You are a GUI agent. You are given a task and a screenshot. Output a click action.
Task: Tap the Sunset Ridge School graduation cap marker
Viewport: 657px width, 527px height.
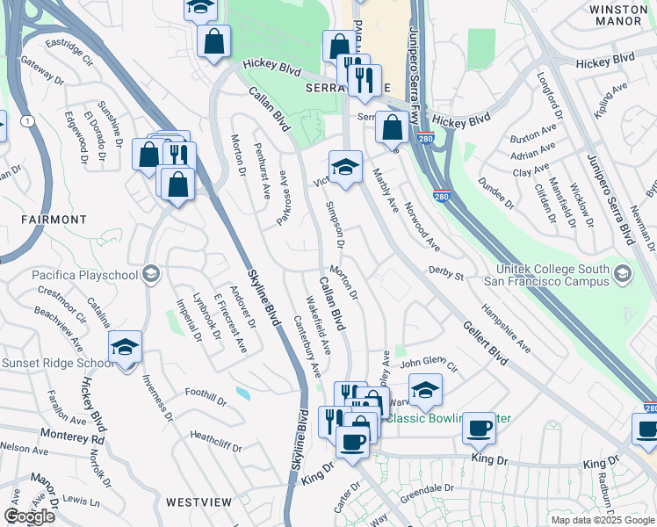[125, 347]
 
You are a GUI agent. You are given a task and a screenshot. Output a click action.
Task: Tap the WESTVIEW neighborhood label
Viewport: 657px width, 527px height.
[199, 502]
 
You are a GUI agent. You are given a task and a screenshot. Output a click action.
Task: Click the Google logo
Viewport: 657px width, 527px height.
[29, 516]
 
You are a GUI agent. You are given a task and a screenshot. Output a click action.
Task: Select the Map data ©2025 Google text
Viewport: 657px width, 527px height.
[603, 520]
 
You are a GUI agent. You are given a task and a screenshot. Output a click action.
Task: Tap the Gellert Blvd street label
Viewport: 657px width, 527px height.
[485, 343]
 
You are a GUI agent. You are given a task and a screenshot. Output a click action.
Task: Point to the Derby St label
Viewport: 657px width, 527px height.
[445, 274]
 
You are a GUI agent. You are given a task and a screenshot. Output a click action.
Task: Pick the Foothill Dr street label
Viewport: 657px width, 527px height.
[206, 398]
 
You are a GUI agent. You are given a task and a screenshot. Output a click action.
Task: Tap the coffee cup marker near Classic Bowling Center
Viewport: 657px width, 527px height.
[479, 429]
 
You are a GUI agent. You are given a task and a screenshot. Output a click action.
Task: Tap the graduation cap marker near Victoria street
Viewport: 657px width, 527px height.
[345, 167]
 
